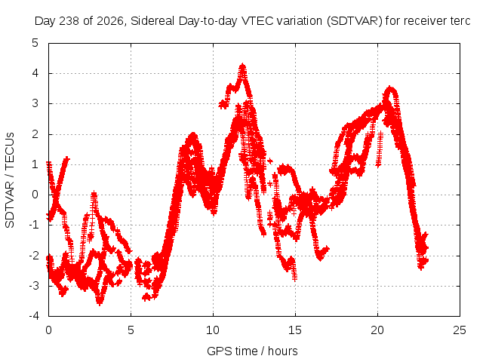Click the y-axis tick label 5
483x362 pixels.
[35, 43]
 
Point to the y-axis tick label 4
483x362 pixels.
[35, 73]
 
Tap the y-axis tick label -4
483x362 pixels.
[33, 316]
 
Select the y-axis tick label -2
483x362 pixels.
[33, 256]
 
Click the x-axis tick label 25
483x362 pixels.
[460, 330]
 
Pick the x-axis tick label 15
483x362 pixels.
[295, 330]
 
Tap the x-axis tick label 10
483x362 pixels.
[213, 330]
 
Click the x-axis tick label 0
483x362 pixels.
[48, 330]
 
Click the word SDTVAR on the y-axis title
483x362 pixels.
[10, 204]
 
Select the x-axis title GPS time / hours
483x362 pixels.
[252, 351]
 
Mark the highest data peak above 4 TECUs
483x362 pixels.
[243, 66]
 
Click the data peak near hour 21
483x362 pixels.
[390, 88]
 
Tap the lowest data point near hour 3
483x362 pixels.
[100, 303]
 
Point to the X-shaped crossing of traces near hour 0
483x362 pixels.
[56, 195]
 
